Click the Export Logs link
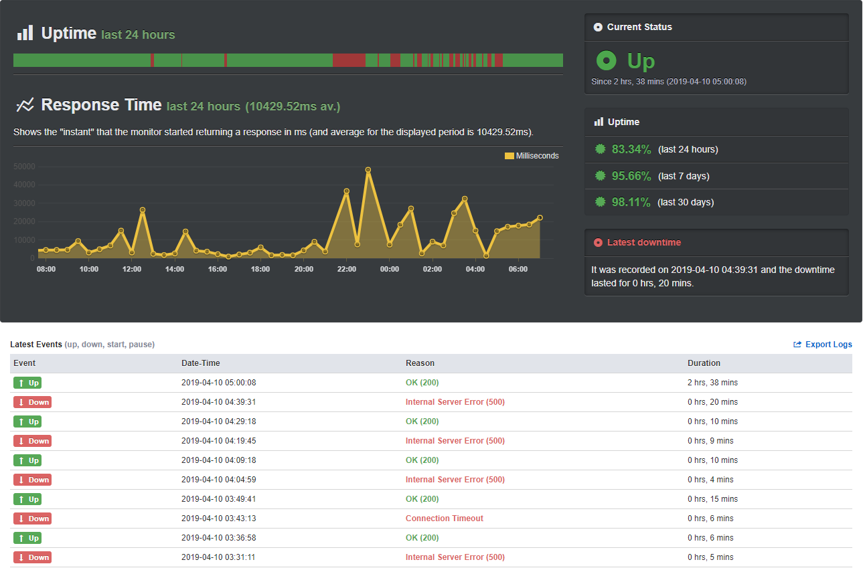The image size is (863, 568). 823,345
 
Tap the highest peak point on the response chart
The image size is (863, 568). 368,170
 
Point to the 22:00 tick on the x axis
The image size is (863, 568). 346,269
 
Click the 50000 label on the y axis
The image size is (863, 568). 24,167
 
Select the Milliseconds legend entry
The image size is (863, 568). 532,156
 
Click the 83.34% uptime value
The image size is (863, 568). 631,149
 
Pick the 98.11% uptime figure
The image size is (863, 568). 631,202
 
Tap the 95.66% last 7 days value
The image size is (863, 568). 631,175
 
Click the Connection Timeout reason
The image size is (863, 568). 444,518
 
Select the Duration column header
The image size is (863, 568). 704,363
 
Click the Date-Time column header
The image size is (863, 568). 200,363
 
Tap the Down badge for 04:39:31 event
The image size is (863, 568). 32,402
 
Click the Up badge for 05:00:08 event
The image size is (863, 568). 27,383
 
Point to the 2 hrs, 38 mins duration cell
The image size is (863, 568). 712,383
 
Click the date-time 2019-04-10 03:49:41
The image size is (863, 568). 218,499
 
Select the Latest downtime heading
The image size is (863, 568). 644,242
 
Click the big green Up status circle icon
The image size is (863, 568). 606,60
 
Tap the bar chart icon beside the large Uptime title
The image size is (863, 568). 25,33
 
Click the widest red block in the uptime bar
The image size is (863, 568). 349,60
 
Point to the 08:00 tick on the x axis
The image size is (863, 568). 46,269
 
